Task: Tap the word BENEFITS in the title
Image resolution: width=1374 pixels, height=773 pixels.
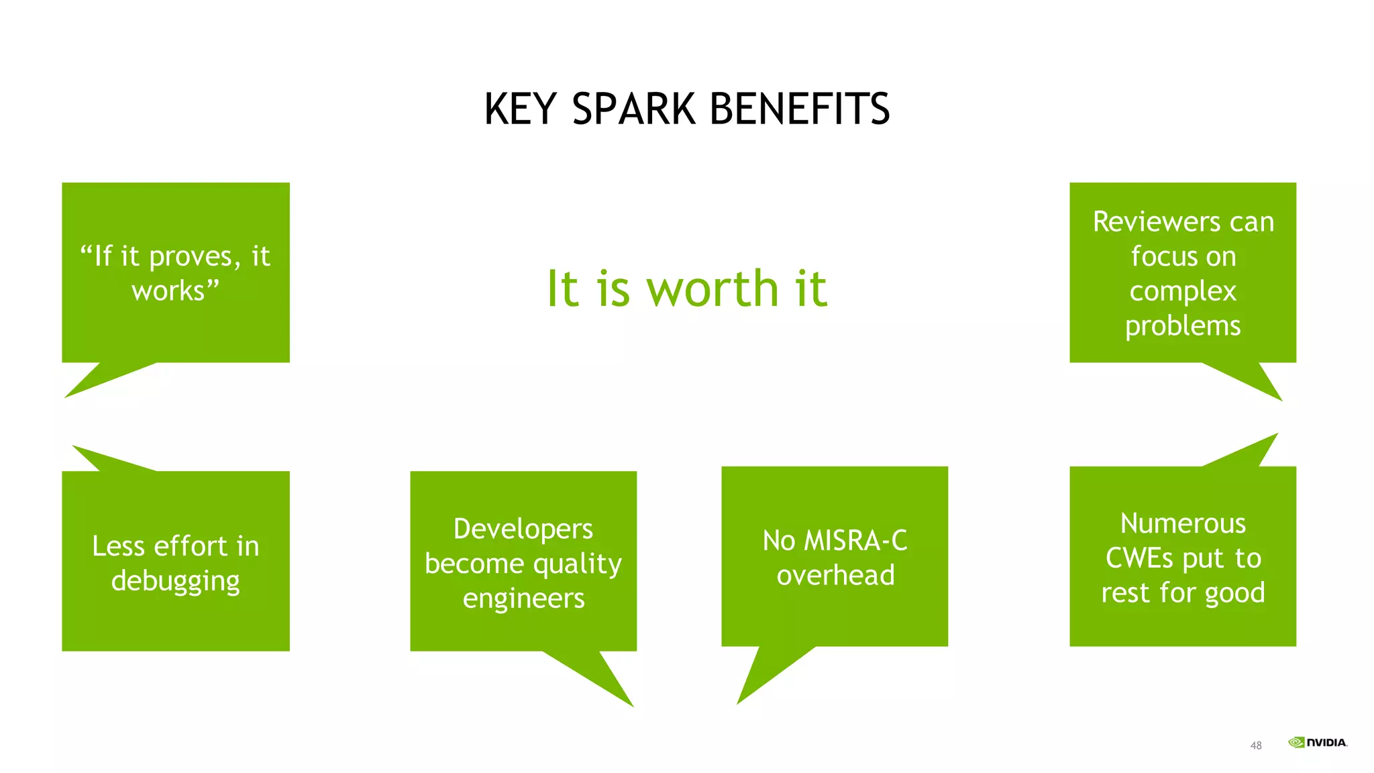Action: (x=799, y=109)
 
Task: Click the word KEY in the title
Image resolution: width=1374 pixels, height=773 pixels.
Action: (x=521, y=109)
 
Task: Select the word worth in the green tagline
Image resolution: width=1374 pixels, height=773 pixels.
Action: (x=712, y=289)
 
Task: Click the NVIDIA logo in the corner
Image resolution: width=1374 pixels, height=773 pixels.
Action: (x=1317, y=742)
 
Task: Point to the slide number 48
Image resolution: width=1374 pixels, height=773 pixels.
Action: (x=1256, y=745)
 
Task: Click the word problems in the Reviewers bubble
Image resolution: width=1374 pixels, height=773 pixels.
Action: (x=1183, y=326)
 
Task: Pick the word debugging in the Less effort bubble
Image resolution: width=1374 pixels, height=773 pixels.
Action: (x=175, y=581)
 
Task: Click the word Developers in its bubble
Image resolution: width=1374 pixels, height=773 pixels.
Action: (x=523, y=529)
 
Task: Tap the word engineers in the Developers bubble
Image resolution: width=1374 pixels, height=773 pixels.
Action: (x=523, y=599)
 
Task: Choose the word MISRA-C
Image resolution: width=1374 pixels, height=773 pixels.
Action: (x=855, y=541)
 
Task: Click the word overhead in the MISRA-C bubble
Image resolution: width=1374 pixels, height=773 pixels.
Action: (x=835, y=576)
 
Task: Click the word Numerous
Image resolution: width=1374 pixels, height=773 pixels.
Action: (x=1183, y=524)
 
